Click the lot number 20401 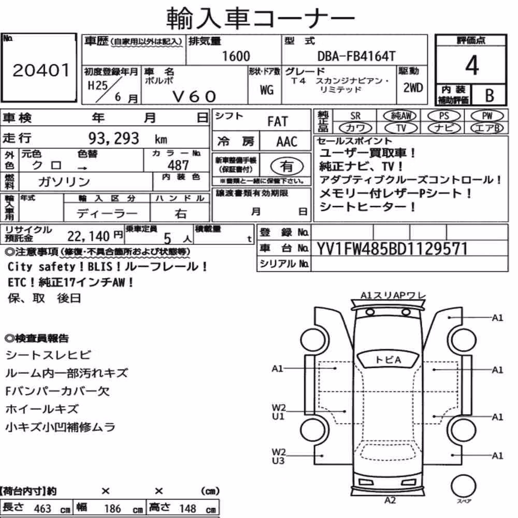[x=41, y=70]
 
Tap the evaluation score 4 [x=472, y=65]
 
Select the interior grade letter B [x=490, y=95]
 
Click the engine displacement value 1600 [x=236, y=56]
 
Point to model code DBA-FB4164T [x=356, y=56]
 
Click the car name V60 [x=194, y=96]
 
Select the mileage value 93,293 [x=113, y=138]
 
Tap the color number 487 [x=178, y=165]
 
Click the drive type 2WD [x=413, y=88]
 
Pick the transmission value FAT [x=278, y=121]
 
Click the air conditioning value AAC [x=286, y=141]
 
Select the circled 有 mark [x=287, y=166]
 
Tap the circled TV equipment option [x=401, y=128]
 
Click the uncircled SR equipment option [x=355, y=116]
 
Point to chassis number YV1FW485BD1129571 [x=392, y=249]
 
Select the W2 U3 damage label [x=278, y=456]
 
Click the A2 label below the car [x=390, y=500]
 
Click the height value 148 [x=188, y=508]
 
